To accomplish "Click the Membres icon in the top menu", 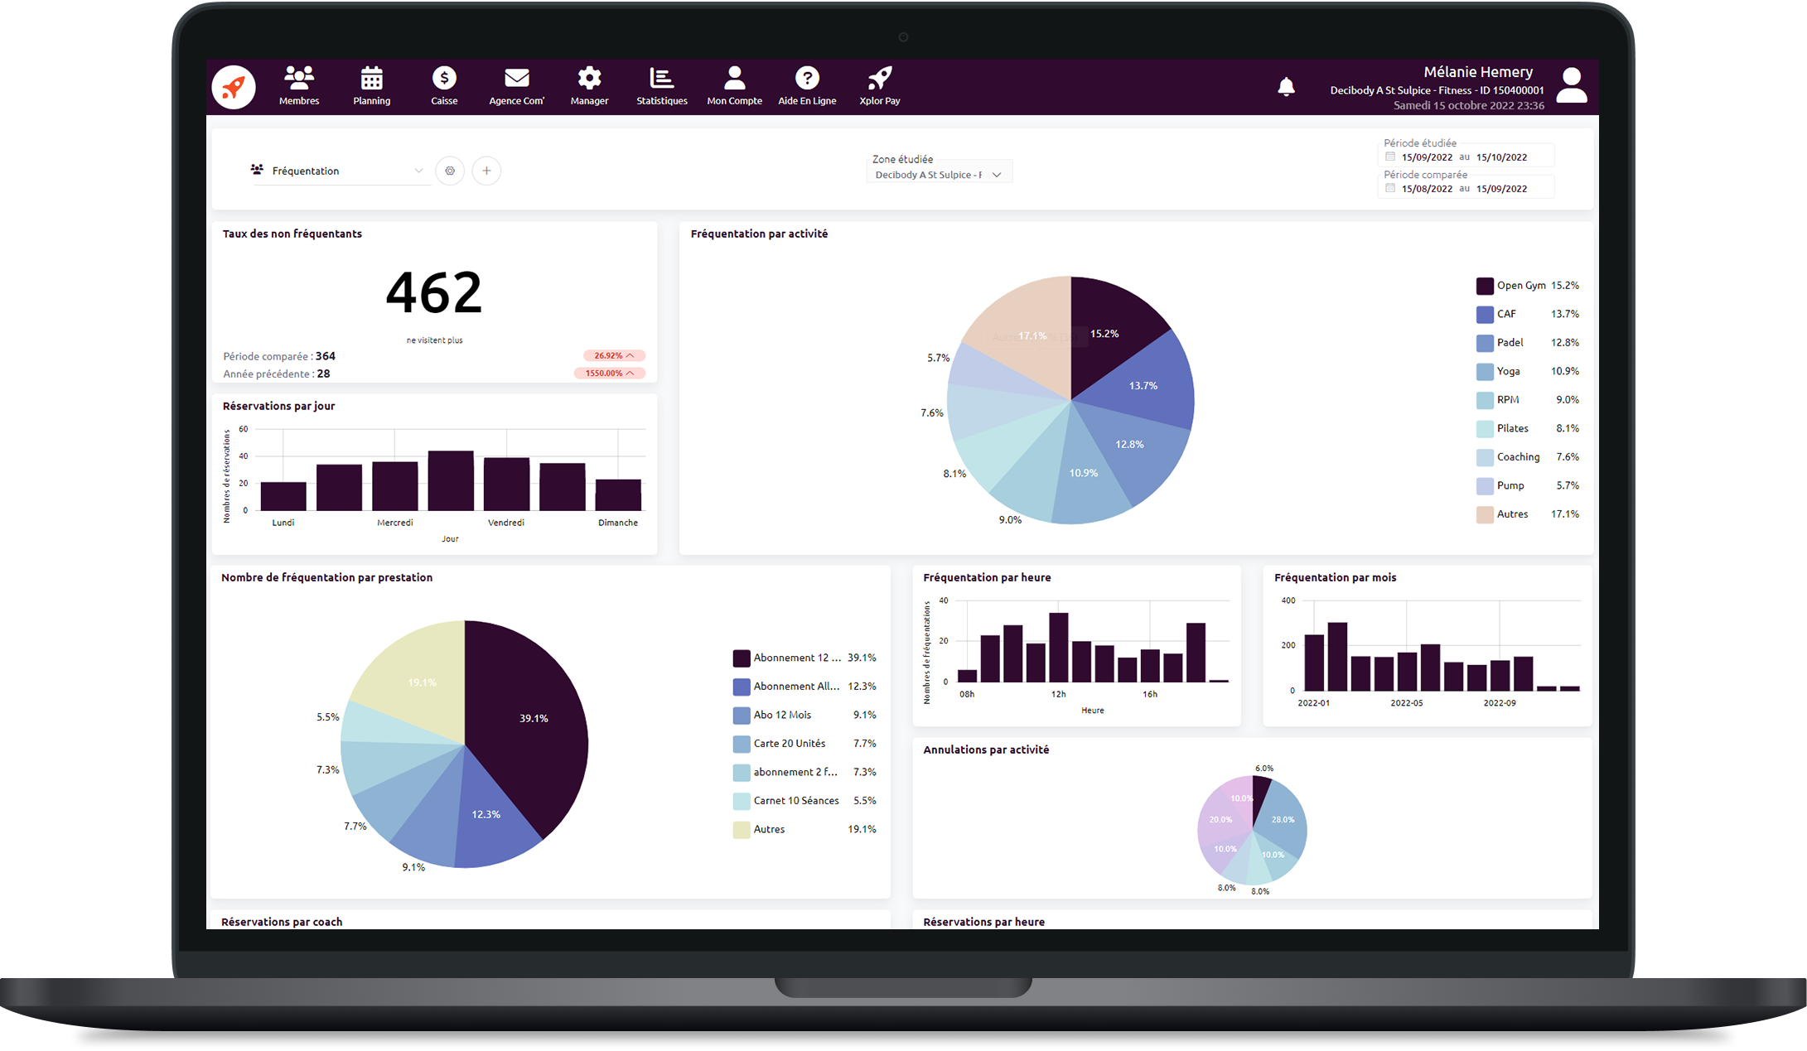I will coord(299,79).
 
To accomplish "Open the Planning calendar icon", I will coord(371,79).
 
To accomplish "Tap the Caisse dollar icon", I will coord(444,79).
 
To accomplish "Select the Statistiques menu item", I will coord(661,86).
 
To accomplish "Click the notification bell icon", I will coord(1286,87).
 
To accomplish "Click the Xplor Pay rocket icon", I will coord(879,79).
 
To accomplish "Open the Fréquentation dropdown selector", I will coord(340,171).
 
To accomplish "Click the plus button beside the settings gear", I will coord(486,171).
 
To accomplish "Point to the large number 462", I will coord(433,292).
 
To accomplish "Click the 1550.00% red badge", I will coord(609,374).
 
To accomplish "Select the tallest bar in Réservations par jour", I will coord(451,480).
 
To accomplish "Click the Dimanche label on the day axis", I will coord(618,523).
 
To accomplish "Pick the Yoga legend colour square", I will coord(1485,372).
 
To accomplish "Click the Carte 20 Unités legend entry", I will coord(789,744).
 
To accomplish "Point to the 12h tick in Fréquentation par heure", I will coord(1058,694).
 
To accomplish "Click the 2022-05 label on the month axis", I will coord(1406,703).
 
